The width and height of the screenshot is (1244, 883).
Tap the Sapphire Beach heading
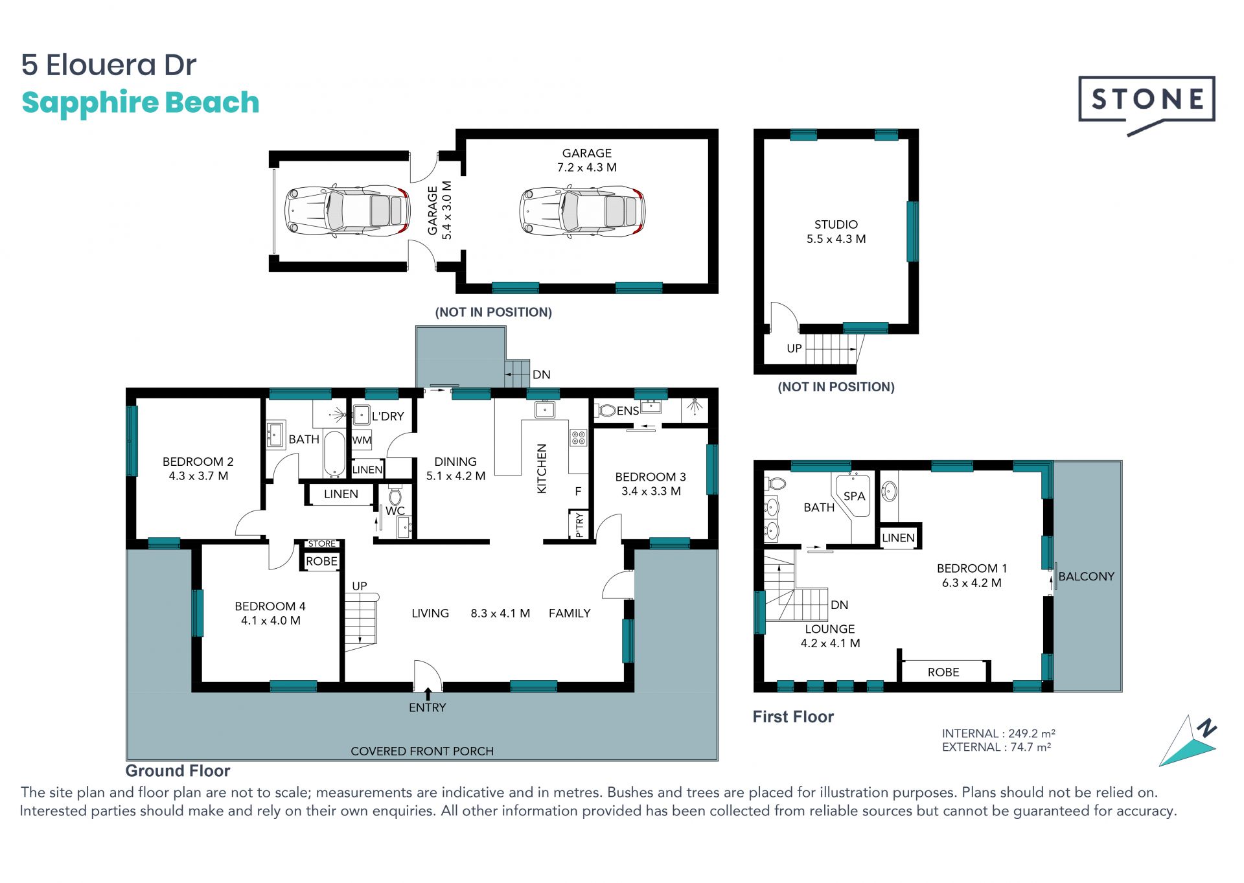[141, 103]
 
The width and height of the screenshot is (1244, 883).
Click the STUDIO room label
[836, 224]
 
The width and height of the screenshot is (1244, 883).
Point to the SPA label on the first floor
[854, 496]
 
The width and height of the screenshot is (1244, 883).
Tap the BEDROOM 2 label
[198, 461]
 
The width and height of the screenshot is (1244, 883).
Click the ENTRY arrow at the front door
[428, 694]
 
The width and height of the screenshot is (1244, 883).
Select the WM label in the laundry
[362, 441]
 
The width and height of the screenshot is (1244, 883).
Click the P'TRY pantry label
[579, 525]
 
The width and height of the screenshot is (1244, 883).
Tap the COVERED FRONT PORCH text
[422, 751]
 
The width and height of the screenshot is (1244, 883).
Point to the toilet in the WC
[395, 497]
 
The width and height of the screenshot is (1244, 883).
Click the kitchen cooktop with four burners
[578, 437]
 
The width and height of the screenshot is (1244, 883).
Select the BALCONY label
[1086, 576]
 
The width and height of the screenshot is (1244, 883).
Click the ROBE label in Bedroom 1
[943, 672]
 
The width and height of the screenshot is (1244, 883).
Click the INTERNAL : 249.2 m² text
[998, 733]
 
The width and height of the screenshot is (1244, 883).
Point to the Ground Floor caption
[178, 771]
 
